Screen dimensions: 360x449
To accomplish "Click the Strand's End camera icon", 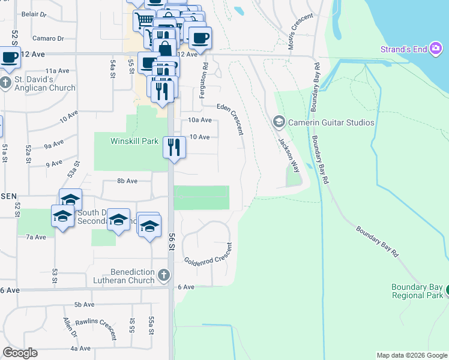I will coord(438,49).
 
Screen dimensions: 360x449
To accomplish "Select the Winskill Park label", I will coord(134,142).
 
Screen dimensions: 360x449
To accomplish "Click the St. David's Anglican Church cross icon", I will coord(6,83).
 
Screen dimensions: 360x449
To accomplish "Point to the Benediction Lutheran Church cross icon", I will coord(164,275).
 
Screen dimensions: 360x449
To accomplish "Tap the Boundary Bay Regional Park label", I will coord(417,291).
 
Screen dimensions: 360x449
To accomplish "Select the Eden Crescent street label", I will coord(231,118).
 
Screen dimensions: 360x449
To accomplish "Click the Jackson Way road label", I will coord(288,155).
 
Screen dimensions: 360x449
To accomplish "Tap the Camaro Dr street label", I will coord(49,38).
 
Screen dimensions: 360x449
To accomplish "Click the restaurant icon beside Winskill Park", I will coord(173,147).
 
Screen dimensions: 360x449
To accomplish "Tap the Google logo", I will coord(20,353).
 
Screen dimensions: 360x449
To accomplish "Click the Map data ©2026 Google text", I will coord(411,355).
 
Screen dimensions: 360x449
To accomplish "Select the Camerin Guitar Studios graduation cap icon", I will coord(279,122).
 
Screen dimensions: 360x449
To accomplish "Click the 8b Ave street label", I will coord(127,181).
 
